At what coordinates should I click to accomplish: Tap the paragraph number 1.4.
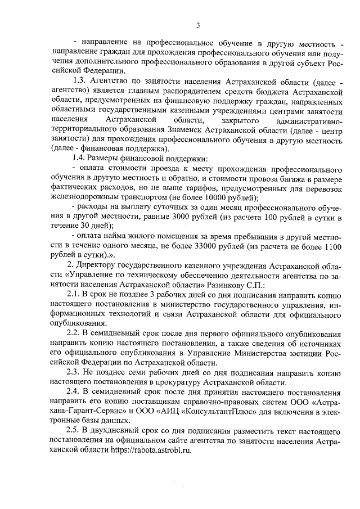click(x=74, y=159)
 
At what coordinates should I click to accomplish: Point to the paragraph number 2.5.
click(x=74, y=431)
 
